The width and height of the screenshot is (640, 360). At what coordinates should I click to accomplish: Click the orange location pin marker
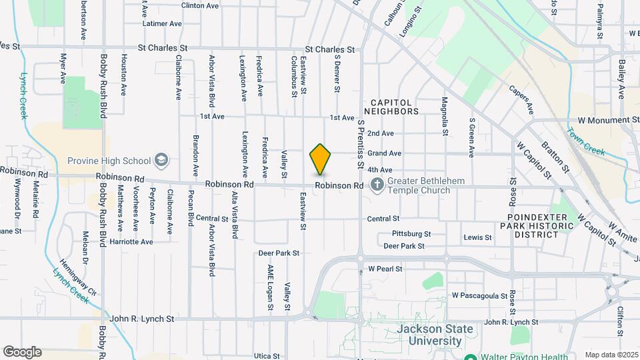click(320, 159)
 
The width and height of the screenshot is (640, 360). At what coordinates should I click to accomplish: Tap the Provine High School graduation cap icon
click(161, 161)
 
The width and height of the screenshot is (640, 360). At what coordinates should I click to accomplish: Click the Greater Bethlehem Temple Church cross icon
click(377, 185)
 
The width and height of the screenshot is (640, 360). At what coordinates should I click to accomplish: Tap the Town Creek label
click(586, 141)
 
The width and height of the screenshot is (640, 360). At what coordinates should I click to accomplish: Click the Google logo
click(22, 351)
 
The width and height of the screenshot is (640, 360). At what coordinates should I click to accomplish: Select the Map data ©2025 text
click(610, 355)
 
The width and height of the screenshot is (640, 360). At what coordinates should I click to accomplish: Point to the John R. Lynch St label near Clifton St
click(511, 323)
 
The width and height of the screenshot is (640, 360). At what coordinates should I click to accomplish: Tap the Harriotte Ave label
click(131, 241)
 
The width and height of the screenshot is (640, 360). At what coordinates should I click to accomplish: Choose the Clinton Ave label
click(200, 5)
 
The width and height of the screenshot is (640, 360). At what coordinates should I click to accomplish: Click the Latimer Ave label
click(162, 23)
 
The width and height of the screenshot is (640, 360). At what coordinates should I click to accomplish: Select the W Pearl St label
click(385, 269)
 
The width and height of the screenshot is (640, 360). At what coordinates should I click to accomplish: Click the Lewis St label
click(477, 237)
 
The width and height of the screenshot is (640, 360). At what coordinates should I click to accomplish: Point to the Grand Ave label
click(384, 153)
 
